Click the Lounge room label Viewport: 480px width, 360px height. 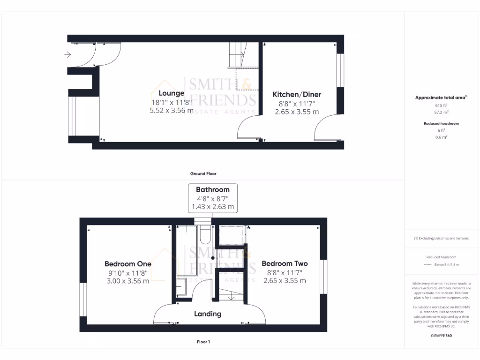point(171,93)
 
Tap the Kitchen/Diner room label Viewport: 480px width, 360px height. point(297,94)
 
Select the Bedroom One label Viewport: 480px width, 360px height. point(127,264)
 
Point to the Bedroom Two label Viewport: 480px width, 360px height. point(285,263)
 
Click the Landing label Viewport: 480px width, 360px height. point(208,314)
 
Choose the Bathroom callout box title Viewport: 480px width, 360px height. point(212,190)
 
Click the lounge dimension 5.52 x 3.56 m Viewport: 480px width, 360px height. point(171,111)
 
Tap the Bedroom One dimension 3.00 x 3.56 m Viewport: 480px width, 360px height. point(127,281)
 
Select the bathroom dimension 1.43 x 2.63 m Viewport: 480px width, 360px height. point(212,206)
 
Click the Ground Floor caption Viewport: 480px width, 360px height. point(203,173)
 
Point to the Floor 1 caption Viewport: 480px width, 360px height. point(203,342)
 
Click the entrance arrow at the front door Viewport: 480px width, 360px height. point(67,55)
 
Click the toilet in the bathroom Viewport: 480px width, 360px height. point(205,234)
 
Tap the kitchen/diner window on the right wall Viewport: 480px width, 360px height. point(340,70)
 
